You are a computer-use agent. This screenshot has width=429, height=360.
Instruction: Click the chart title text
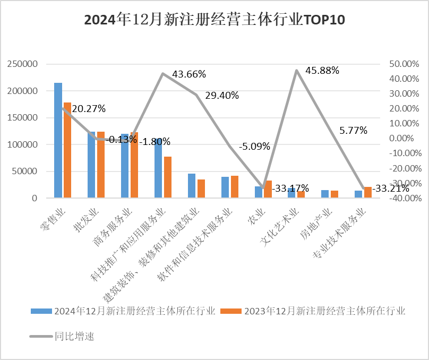[x=214, y=20]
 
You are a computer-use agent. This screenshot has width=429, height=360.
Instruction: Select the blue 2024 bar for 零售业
[x=58, y=140]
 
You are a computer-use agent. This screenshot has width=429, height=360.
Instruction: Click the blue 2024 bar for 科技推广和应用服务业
[x=158, y=168]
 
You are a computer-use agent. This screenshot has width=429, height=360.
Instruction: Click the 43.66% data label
[x=188, y=74]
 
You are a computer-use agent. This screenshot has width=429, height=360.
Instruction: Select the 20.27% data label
[x=88, y=108]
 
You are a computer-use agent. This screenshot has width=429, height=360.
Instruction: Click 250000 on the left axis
[x=22, y=64]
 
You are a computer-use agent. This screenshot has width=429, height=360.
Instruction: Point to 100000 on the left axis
[x=22, y=144]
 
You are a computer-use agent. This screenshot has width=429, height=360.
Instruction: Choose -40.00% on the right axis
[x=403, y=198]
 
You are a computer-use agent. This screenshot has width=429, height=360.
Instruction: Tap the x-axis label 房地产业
[x=321, y=222]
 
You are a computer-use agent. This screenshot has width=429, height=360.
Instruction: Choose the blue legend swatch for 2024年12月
[x=41, y=311]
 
